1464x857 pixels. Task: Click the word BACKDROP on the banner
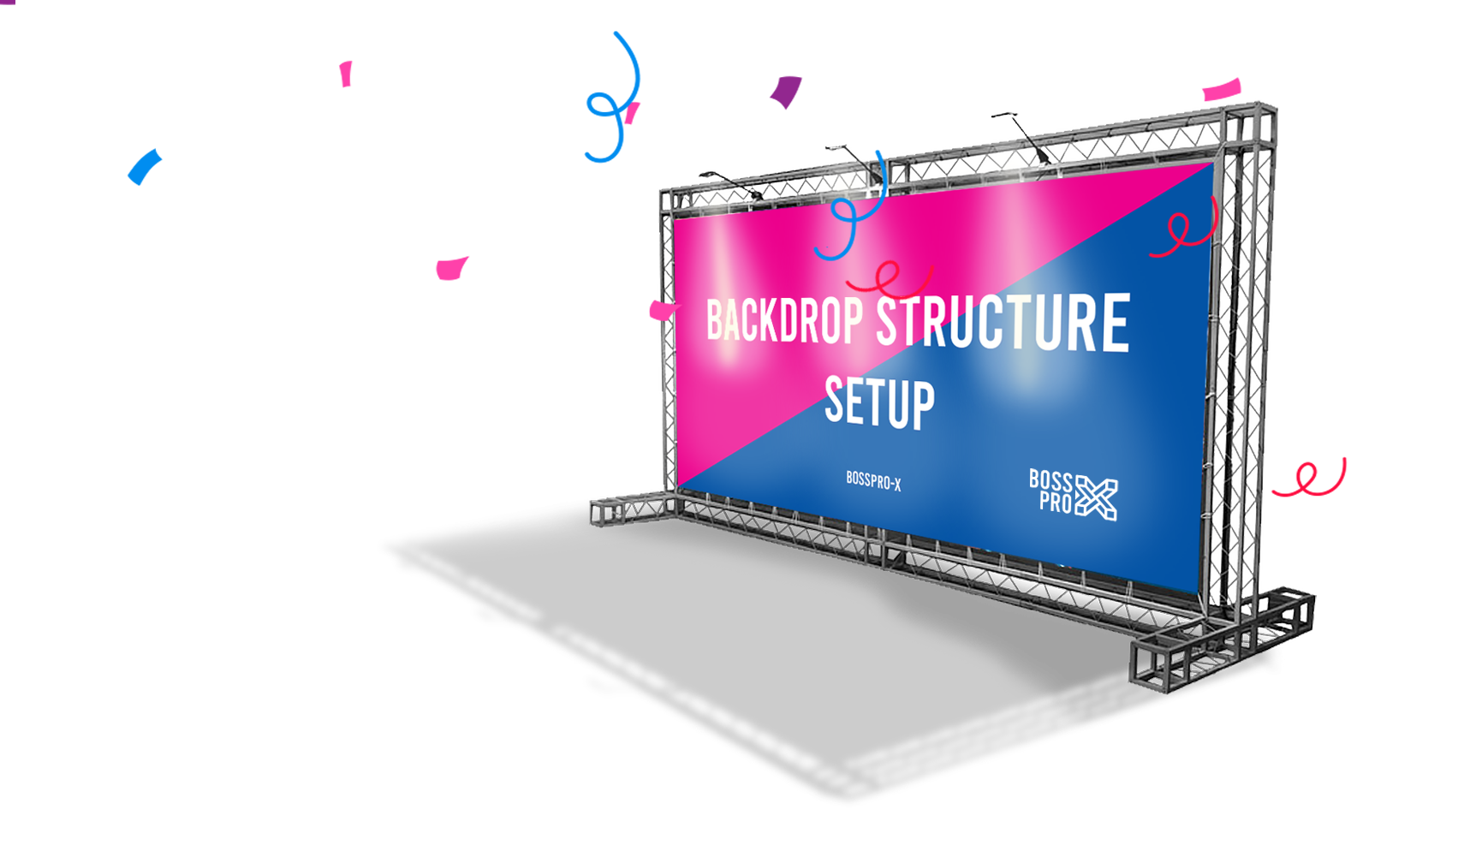point(783,320)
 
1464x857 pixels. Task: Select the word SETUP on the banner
point(879,402)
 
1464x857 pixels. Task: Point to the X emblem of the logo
point(1097,497)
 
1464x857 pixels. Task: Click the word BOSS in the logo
point(1050,480)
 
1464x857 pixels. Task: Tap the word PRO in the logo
point(1056,502)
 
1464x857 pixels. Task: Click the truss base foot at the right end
point(1224,638)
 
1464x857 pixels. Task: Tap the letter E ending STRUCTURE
point(1115,323)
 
